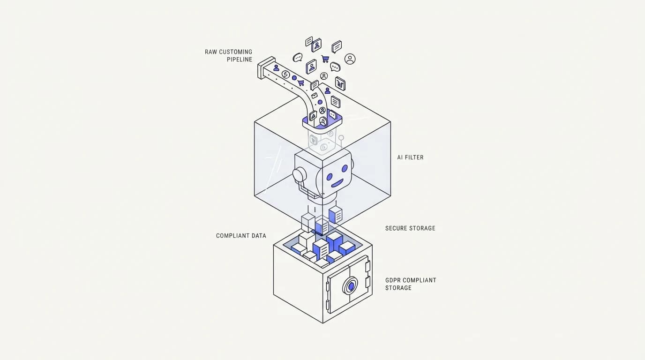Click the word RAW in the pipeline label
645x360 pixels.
211,52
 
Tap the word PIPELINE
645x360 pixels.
240,60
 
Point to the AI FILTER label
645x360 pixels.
410,157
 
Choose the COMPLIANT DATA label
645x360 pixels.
241,236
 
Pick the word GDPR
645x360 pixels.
393,280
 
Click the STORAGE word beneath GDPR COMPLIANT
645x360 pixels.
398,288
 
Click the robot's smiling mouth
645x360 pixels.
337,183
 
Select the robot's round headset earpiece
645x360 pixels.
298,174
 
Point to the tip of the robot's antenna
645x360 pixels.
341,138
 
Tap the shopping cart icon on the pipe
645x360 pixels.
301,82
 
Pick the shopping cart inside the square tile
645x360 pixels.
340,84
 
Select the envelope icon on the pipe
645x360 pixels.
315,95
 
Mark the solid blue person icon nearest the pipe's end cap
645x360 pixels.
276,68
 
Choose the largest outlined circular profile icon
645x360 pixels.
350,59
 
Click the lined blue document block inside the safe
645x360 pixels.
321,249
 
